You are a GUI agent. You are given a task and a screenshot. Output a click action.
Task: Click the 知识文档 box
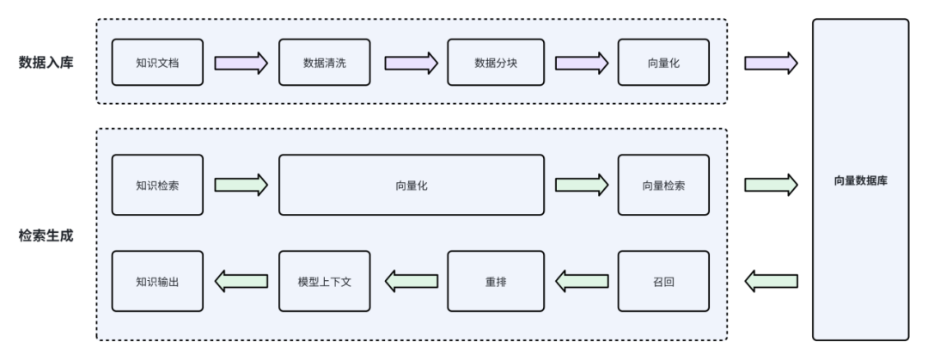tap(157, 63)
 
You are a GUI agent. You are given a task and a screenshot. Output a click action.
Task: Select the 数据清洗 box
tap(325, 63)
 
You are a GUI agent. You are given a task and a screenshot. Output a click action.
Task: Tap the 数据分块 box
tap(493, 63)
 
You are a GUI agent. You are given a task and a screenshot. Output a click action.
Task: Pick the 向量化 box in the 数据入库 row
tap(663, 63)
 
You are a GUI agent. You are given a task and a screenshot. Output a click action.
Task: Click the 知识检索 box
tap(157, 185)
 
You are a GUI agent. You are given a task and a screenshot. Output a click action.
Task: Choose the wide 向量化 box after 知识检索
tap(411, 185)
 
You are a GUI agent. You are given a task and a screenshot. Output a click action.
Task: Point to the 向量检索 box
tap(663, 185)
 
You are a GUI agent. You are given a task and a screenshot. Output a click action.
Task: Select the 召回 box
tap(663, 280)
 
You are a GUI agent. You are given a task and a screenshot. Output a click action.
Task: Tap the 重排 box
tap(493, 280)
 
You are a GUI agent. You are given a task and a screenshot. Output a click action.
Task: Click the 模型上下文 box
tap(325, 280)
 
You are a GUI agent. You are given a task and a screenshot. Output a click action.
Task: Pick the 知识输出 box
tap(157, 280)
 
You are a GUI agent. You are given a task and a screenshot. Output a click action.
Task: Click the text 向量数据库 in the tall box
tap(860, 181)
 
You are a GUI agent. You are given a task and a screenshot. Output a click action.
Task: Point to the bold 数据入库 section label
tap(44, 62)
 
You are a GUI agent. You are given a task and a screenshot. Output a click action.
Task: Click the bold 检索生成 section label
tap(44, 234)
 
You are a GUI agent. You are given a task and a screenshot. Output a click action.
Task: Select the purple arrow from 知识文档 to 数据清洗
tap(241, 63)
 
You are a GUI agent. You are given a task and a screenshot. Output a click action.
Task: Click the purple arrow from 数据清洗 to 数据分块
tap(410, 63)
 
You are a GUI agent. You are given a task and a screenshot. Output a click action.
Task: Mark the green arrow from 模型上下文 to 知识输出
tap(241, 280)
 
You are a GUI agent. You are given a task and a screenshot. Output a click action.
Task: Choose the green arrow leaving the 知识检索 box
tap(241, 185)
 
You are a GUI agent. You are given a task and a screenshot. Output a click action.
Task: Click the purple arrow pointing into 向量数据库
tap(769, 63)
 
